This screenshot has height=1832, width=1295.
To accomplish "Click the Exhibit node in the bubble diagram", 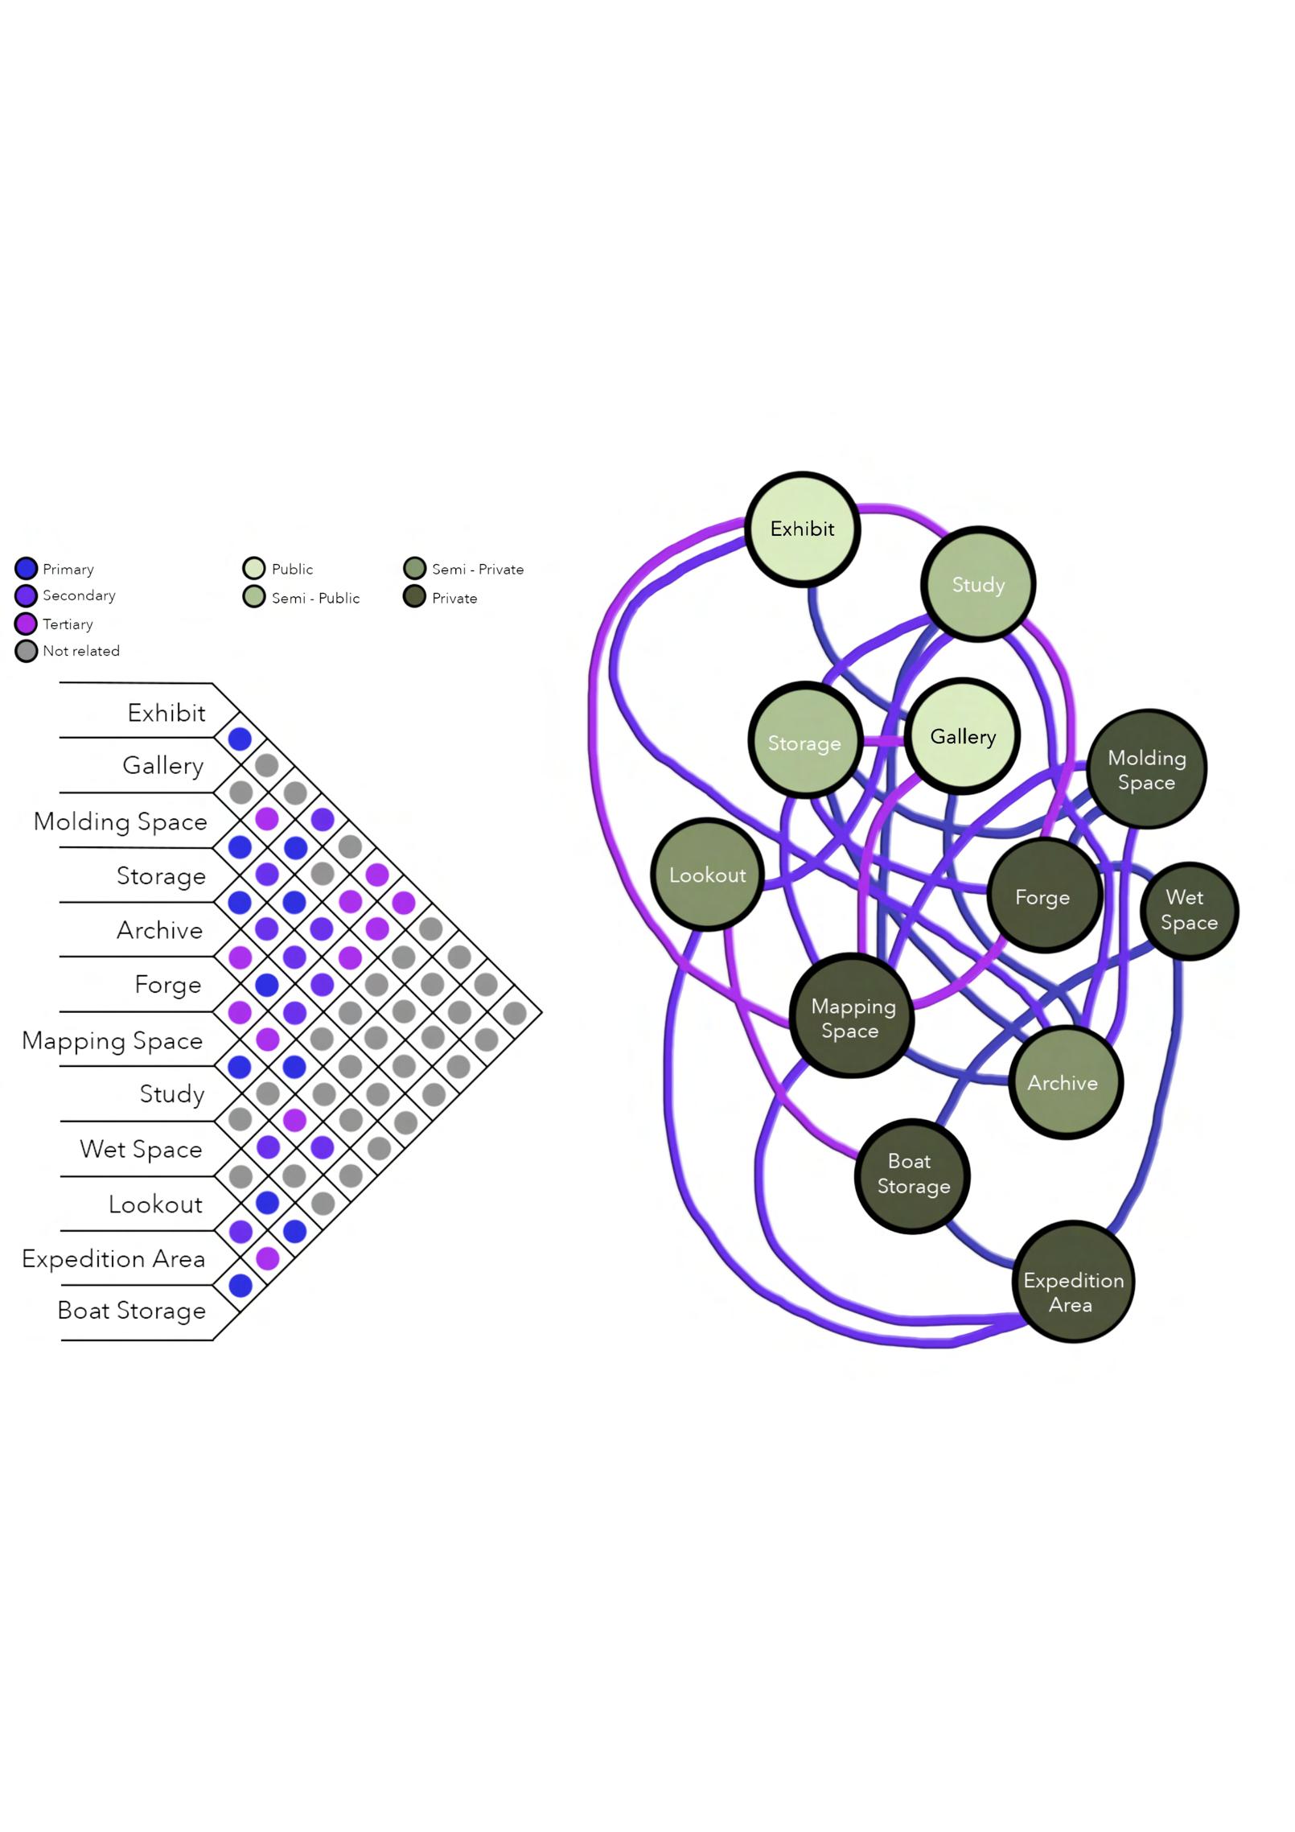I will coord(802,529).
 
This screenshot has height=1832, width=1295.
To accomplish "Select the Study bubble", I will coord(977,584).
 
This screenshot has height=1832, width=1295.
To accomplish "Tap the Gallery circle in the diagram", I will coord(962,736).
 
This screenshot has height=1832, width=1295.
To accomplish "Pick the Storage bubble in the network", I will coord(804,742).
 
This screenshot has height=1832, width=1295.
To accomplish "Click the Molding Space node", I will coord(1146,769).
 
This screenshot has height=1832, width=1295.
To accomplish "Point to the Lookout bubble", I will coord(707,875).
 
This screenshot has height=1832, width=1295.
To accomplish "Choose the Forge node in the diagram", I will coord(1043,896).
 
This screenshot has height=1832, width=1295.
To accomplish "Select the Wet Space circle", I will coord(1189,910).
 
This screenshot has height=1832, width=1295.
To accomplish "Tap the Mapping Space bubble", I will coord(852,1017).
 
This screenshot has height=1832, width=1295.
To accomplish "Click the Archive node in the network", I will coord(1064,1082).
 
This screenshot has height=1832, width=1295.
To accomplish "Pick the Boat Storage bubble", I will coord(911,1174).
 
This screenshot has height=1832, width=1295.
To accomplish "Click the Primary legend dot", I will coord(26,569).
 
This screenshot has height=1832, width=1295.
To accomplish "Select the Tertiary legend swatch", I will coord(26,624).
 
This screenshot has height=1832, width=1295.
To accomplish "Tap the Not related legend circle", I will coord(26,651).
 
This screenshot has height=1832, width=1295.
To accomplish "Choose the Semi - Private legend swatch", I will coord(414,569).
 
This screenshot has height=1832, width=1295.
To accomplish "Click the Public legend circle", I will coord(253,569).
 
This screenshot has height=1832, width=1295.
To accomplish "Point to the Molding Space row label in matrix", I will coord(121,821).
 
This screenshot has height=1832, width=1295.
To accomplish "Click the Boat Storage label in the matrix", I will coord(132,1311).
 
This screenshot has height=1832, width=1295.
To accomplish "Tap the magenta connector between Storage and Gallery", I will coord(882,740).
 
